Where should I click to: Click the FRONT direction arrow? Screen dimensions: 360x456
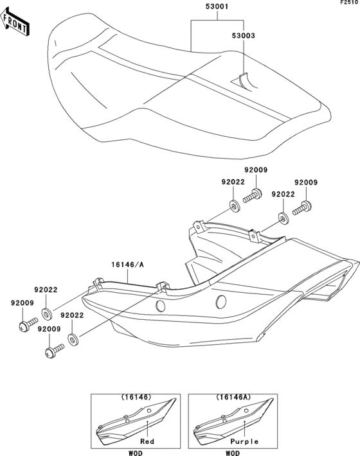(x=15, y=22)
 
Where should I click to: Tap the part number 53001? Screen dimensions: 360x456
(x=217, y=6)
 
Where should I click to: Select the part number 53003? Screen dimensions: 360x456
(x=243, y=36)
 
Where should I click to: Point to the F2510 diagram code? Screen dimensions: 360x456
(x=349, y=3)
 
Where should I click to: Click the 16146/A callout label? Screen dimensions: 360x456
(x=128, y=265)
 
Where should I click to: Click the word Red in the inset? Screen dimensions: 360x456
(x=147, y=441)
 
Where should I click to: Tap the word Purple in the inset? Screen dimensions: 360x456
(x=244, y=441)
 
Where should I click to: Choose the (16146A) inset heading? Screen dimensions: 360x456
(x=233, y=397)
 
